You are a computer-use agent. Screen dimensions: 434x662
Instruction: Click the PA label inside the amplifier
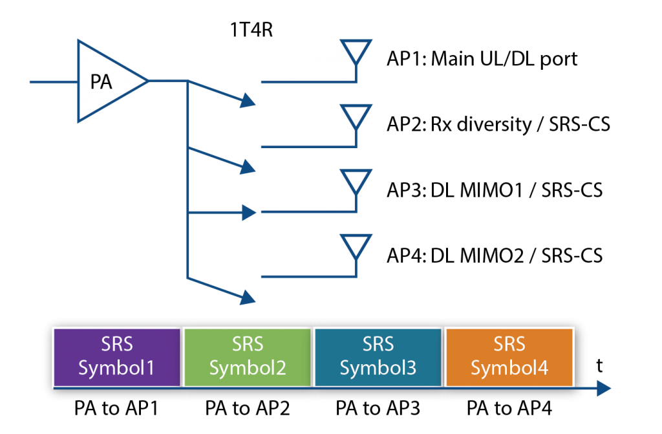[x=101, y=83]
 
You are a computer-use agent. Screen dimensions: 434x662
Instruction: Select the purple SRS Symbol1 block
[x=116, y=357]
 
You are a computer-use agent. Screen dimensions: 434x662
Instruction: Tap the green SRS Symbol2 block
[x=248, y=357]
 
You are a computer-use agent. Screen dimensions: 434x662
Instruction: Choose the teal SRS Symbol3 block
[x=378, y=357]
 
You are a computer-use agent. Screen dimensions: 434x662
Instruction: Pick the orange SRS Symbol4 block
[x=509, y=357]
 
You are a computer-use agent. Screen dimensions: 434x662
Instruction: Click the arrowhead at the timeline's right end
[x=604, y=388]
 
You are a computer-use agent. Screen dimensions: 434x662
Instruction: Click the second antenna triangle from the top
[x=356, y=115]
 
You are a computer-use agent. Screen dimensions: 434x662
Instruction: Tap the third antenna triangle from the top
[x=356, y=180]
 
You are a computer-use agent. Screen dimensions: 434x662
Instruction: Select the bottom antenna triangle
[x=356, y=246]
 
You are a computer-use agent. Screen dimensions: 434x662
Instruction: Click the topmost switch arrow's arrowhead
[x=249, y=101]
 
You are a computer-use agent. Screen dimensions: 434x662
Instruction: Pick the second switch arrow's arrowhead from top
[x=249, y=168]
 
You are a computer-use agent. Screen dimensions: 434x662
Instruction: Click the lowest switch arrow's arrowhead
[x=249, y=298]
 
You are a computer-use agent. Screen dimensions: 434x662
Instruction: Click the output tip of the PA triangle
[x=147, y=81]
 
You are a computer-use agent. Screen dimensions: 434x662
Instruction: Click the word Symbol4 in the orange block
[x=509, y=369]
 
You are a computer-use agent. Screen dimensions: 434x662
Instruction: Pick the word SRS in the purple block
[x=116, y=344]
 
